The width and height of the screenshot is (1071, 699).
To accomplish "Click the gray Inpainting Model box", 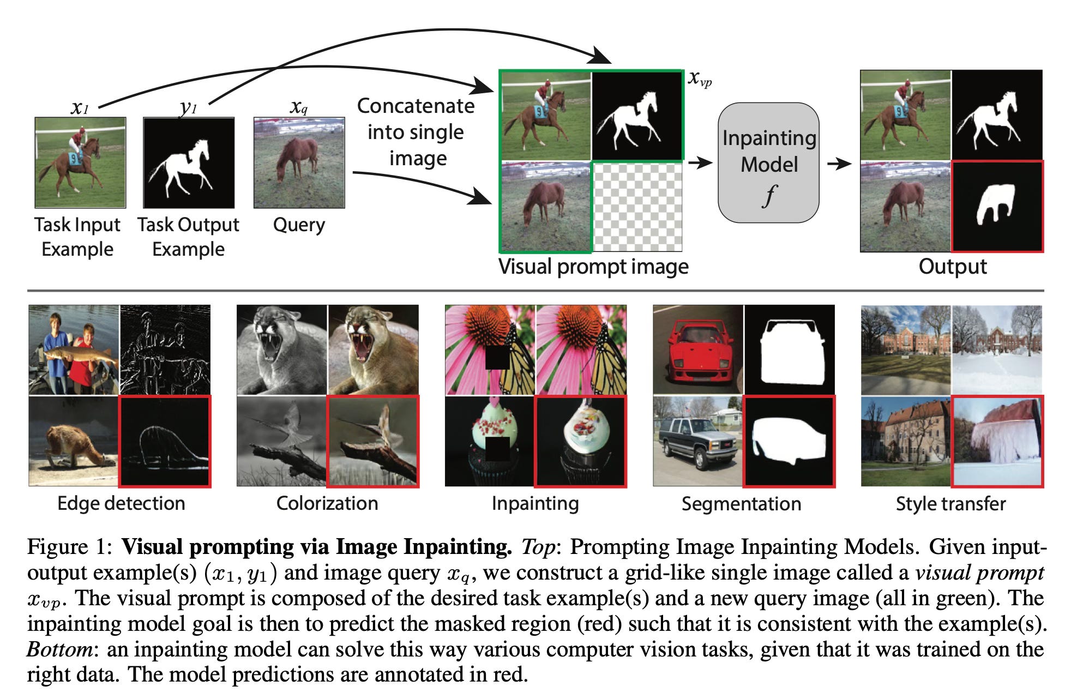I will (x=768, y=162).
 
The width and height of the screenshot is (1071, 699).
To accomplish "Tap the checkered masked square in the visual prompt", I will (x=637, y=207).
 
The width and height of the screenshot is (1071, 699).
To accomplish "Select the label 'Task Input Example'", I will (x=77, y=237).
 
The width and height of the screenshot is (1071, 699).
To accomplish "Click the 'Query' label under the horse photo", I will (x=299, y=225).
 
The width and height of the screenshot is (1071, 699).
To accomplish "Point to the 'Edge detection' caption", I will (x=121, y=503).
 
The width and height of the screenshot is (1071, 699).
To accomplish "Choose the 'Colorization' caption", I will (x=327, y=503).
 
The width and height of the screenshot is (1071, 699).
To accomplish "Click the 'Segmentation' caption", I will (x=741, y=504).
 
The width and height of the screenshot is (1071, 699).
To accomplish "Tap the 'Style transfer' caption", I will (x=950, y=504).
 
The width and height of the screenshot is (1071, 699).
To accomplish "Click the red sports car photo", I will (x=698, y=349).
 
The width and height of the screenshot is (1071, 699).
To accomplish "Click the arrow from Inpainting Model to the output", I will (x=839, y=164).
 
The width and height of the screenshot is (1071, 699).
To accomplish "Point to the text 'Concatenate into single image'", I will (x=416, y=132).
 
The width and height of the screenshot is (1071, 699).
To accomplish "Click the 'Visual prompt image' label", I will (x=593, y=267).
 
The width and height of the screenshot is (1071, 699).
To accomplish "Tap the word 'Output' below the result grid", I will (x=952, y=267).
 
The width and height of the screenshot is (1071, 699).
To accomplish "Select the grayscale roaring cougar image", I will (x=282, y=349).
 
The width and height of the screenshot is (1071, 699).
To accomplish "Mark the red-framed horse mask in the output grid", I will (x=997, y=206).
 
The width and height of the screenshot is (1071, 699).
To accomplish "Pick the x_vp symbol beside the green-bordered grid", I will (x=700, y=79).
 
